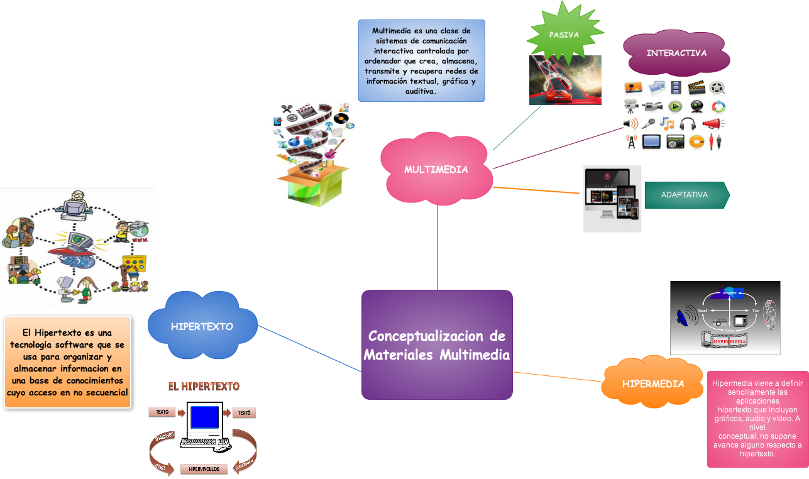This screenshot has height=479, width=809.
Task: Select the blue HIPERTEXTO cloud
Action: point(202,326)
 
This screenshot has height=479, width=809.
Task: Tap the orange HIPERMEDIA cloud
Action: point(652,383)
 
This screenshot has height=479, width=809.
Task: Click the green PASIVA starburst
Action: point(563,35)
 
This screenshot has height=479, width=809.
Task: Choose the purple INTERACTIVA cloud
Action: point(676,53)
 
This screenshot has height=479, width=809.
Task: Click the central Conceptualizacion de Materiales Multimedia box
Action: point(437,344)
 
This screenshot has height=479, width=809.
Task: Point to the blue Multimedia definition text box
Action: point(421,60)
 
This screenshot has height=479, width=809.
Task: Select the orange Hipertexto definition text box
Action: point(67,362)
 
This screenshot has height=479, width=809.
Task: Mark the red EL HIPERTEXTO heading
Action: point(202,386)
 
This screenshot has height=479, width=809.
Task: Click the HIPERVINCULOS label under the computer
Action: point(204,469)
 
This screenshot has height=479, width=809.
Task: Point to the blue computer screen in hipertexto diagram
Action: point(204,417)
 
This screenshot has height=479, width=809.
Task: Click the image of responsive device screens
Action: point(612,198)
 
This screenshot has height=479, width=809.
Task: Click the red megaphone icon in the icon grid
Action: point(713,124)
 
